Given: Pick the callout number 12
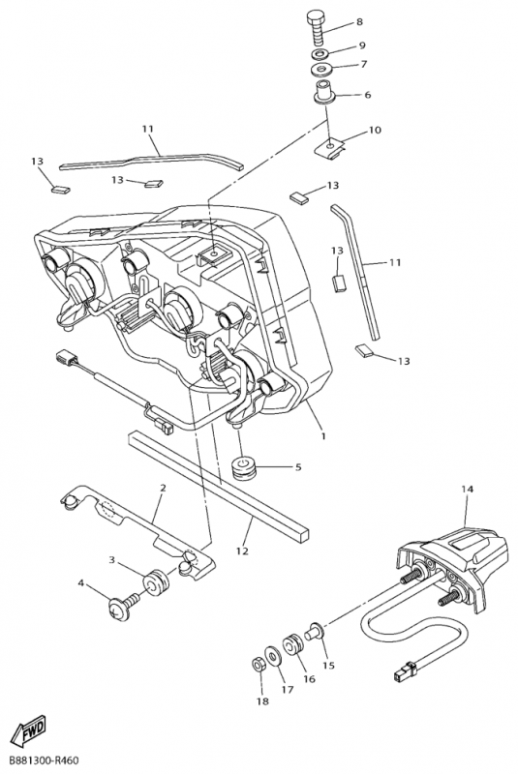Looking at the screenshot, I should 242,551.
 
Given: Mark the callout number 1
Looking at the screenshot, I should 322,435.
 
